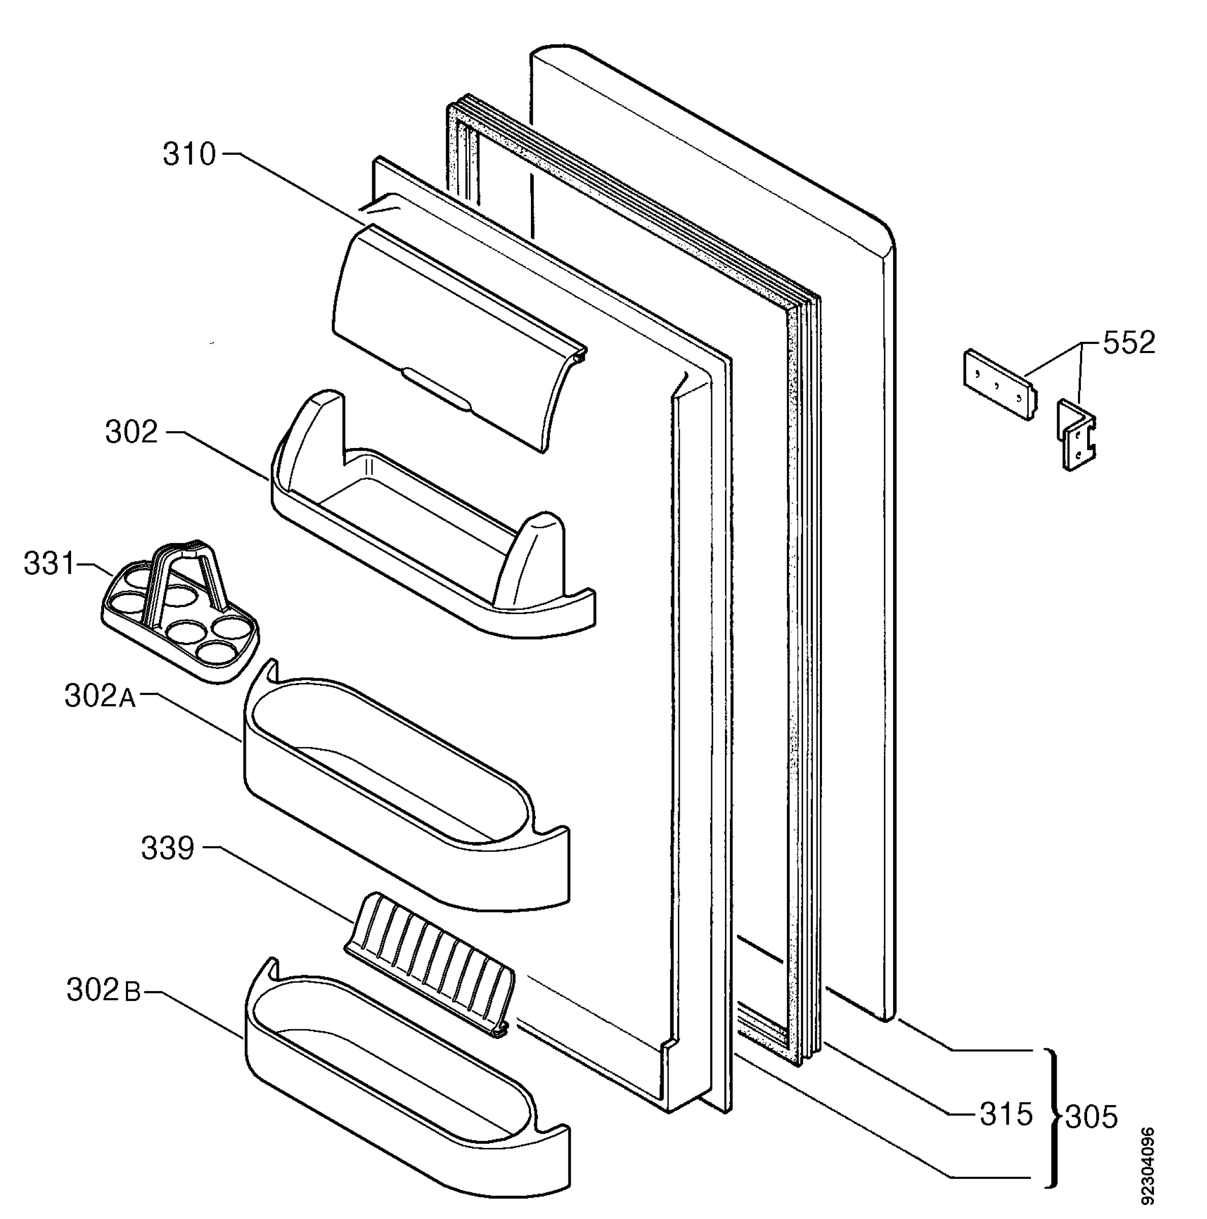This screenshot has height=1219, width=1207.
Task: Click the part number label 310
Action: (x=189, y=154)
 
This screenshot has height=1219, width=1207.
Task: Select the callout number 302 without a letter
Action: (x=131, y=432)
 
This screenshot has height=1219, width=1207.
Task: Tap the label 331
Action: (x=50, y=563)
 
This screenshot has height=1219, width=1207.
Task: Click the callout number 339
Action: (x=167, y=849)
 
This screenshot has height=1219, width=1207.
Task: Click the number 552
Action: (x=1129, y=343)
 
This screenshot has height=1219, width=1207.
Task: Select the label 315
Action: (x=1006, y=1114)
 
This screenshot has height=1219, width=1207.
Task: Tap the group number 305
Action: (x=1092, y=1117)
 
